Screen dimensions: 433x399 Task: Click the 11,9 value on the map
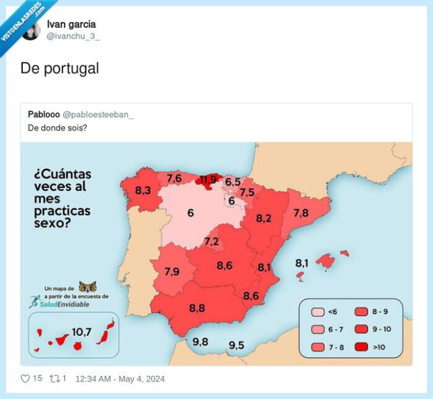[208, 181]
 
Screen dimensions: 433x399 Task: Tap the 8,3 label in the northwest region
[143, 191]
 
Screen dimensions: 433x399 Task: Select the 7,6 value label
[174, 178]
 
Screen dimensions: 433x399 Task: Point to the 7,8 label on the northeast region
[301, 213]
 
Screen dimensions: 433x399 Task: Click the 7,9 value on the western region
[172, 271]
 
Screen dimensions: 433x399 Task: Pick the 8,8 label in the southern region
[197, 307]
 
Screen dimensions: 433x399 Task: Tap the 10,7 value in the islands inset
[82, 332]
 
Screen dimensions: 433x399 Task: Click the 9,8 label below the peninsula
[200, 341]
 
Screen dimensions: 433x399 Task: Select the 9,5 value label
[236, 345]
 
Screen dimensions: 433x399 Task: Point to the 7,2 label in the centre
[212, 241]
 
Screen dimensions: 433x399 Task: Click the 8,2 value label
[264, 218]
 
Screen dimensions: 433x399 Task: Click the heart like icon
[25, 379]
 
